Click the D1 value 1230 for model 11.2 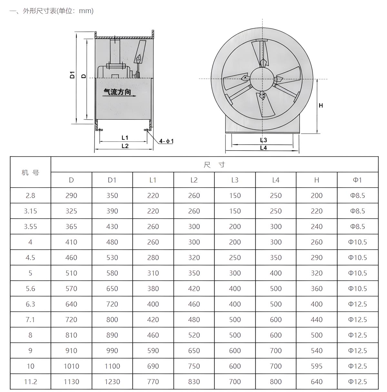tap(112, 382)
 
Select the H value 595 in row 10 tap(316, 366)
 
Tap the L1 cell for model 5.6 tap(153, 289)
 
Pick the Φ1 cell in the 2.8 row tap(357, 195)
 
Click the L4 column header tap(275, 180)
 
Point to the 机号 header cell tap(30, 172)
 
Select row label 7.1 tap(30, 319)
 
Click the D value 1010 tap(71, 366)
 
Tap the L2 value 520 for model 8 tap(194, 335)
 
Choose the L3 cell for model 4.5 tap(235, 258)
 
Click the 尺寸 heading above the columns tap(214, 165)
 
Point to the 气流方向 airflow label tap(117, 92)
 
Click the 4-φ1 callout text tap(166, 141)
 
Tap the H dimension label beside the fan tap(321, 105)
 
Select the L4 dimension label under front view tap(263, 148)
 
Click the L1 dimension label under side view tap(125, 138)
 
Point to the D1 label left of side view tap(72, 75)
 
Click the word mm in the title tap(86, 11)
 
